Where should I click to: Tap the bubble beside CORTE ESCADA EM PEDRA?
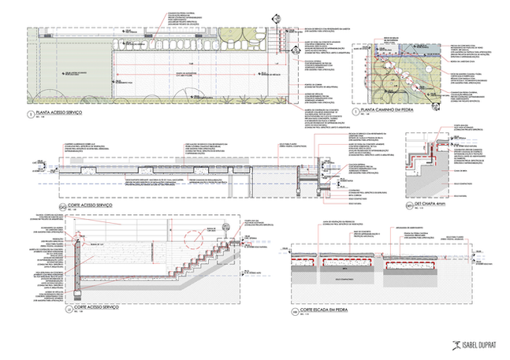tap(295, 313)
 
